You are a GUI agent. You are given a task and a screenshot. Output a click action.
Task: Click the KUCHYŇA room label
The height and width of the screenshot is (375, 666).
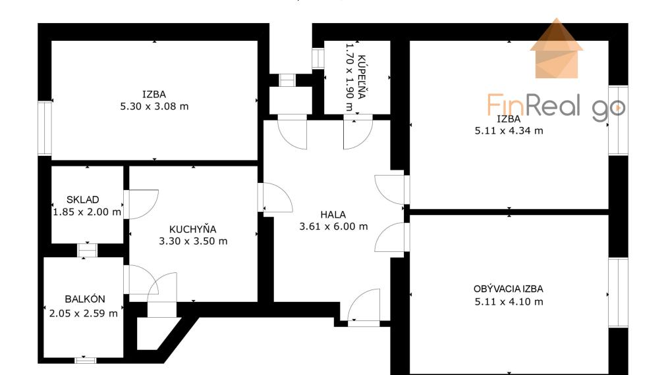click(193, 229)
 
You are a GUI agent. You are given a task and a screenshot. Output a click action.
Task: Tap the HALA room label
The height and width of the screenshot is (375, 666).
click(333, 214)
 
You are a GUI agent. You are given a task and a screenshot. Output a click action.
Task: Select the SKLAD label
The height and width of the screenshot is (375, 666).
click(83, 199)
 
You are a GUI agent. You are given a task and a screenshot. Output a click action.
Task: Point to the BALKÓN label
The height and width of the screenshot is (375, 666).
click(85, 299)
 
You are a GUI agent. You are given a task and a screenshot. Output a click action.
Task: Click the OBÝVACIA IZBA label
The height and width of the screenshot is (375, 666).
click(509, 289)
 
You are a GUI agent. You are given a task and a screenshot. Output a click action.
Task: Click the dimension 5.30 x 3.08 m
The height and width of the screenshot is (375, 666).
click(154, 106)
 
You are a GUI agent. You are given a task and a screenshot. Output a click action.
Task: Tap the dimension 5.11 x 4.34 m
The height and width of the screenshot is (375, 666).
click(509, 130)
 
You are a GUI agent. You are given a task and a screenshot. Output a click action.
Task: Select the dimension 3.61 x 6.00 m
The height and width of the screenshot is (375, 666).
click(333, 226)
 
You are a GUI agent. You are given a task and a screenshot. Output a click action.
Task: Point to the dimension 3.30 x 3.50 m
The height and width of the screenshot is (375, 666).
click(193, 241)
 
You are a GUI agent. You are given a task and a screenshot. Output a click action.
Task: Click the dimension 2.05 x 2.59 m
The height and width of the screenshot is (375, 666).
click(84, 313)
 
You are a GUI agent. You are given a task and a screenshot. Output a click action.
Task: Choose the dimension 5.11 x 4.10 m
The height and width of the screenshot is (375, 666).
click(509, 301)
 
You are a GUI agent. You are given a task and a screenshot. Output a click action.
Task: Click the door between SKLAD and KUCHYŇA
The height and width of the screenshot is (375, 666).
click(140, 205)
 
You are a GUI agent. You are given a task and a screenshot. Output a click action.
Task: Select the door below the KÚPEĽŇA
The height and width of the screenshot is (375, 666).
click(358, 132)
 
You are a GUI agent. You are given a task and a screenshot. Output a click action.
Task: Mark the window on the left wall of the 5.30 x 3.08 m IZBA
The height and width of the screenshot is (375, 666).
click(45, 128)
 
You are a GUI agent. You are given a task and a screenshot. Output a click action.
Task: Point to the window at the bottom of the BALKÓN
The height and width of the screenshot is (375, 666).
click(85, 360)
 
